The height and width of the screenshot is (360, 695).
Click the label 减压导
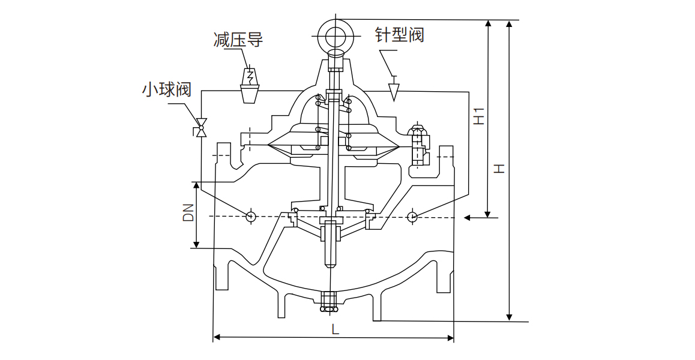pos(238,40)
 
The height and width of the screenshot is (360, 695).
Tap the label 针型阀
pos(399,34)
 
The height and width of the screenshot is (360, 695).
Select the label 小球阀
pos(166,90)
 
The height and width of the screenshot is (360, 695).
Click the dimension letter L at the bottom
pos(335,329)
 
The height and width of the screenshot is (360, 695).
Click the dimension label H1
pos(478,116)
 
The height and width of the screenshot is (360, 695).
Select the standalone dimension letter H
pos(499,169)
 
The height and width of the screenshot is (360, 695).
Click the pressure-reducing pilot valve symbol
pos(250,86)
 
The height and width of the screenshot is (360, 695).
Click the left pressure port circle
pos(251,216)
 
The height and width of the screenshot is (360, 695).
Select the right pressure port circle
pos(412,217)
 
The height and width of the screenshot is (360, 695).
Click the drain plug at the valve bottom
pos(329,302)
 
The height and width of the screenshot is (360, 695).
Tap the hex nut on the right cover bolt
pos(417,131)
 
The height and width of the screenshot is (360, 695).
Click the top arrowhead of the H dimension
pos(510,25)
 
